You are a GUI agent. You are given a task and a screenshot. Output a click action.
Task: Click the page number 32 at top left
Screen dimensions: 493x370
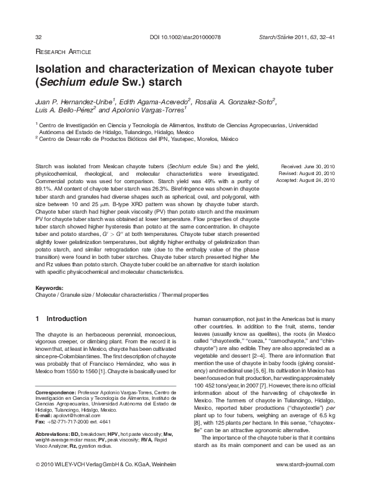point(39,38)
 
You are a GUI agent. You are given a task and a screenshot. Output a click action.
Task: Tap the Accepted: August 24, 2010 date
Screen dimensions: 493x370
point(308,181)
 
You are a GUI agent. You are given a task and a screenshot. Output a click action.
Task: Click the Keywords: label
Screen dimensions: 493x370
point(51,289)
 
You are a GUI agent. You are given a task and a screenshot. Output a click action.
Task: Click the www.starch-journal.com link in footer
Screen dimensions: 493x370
point(307,482)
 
